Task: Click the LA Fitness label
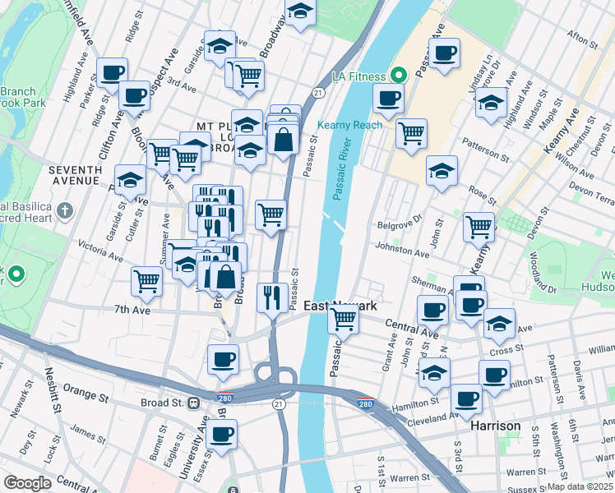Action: [x=358, y=76]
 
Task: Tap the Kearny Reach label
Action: [x=349, y=125]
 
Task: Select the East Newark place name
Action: [x=340, y=306]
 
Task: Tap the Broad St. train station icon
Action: [x=195, y=403]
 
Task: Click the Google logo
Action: [x=27, y=483]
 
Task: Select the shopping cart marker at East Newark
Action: [x=343, y=318]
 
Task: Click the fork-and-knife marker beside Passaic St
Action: [x=271, y=297]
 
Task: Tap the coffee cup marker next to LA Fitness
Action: [x=388, y=99]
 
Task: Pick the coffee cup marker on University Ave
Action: [x=222, y=433]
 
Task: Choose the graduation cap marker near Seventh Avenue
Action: [x=130, y=180]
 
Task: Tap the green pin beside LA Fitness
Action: [x=399, y=76]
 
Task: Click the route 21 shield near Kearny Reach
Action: [x=317, y=96]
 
